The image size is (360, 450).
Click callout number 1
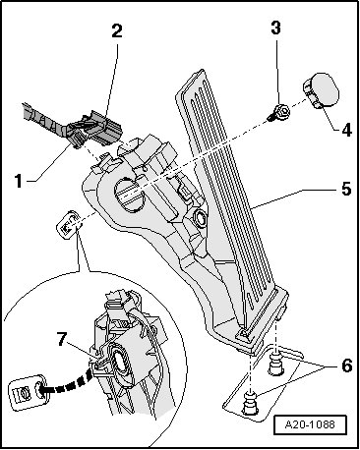tap(19, 181)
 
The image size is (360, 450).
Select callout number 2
tap(117, 30)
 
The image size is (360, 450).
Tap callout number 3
tap(275, 28)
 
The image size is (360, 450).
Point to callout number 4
tap(346, 130)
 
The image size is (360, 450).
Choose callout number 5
tap(346, 189)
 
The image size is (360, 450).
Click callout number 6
tap(346, 366)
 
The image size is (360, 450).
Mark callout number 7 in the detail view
tap(62, 339)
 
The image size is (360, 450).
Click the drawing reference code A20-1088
tap(310, 424)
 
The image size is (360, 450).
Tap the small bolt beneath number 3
tap(279, 112)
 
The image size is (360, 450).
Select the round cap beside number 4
tap(321, 89)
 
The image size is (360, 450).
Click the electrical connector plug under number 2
tap(95, 129)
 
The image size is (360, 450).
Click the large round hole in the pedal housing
tap(129, 196)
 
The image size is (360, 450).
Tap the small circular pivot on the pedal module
tap(200, 218)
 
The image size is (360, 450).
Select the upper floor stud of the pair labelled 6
tap(274, 364)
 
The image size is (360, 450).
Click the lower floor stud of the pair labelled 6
tap(249, 402)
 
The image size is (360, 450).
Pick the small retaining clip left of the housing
tap(68, 224)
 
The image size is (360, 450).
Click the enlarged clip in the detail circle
tap(28, 390)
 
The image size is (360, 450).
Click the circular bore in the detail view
tap(118, 363)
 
